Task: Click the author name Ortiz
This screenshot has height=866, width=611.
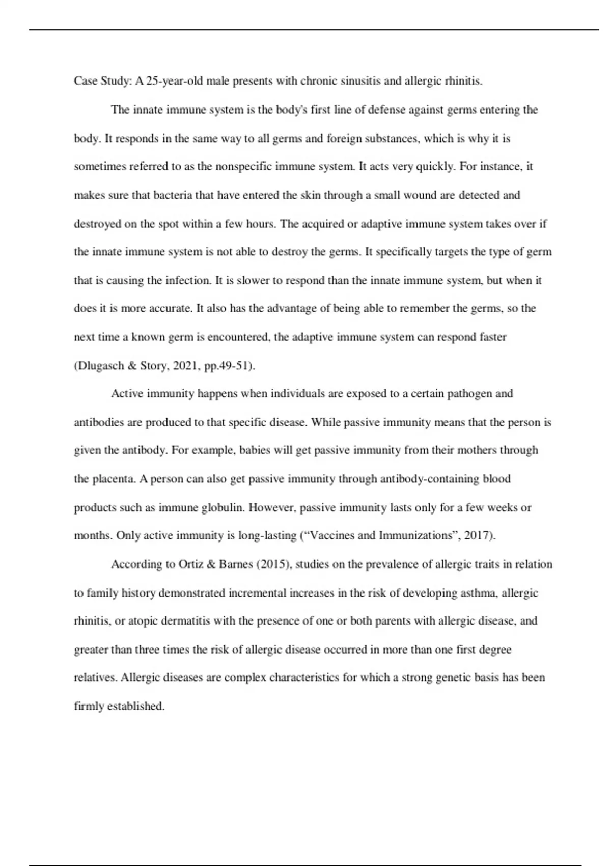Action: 191,564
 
